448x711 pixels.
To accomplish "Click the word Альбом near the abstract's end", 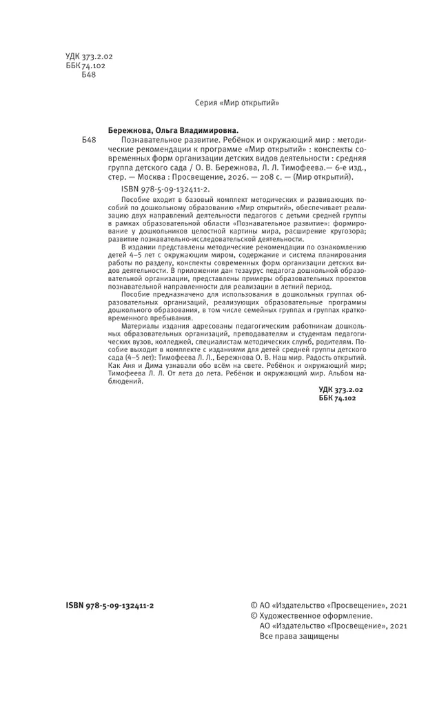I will (x=334, y=378).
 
